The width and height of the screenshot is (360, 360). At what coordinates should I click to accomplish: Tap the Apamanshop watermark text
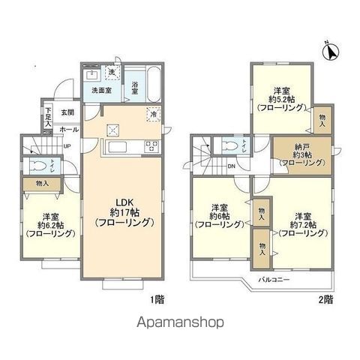[x=180, y=323]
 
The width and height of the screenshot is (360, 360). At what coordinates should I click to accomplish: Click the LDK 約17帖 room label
[x=124, y=211]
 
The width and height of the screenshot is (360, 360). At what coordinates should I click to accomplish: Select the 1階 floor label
[x=156, y=299]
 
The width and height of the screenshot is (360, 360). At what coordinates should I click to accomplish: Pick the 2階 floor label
[x=325, y=299]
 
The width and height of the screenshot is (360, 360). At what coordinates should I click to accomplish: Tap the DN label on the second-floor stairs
[x=231, y=166]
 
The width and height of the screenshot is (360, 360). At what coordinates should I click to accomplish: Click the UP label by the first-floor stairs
[x=67, y=145]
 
